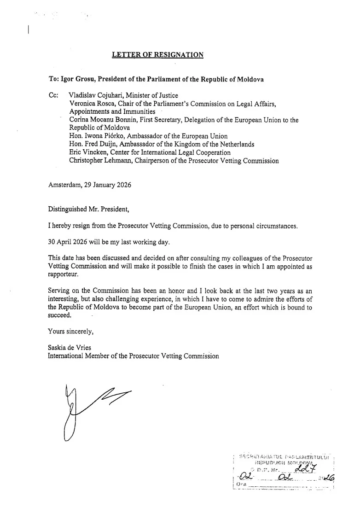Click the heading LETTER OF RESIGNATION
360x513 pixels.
(x=158, y=55)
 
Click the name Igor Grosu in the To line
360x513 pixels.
(x=75, y=79)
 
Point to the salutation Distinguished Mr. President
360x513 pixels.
(x=89, y=210)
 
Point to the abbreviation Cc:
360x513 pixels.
(x=53, y=95)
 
